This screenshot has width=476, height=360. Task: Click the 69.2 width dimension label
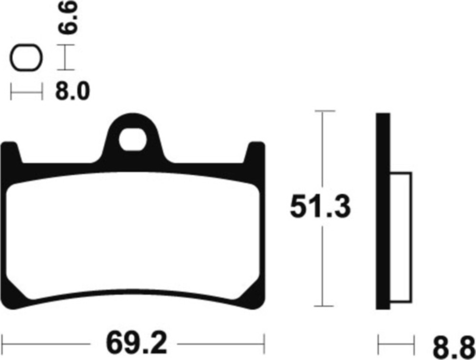136,344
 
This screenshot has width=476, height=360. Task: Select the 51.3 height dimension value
320,207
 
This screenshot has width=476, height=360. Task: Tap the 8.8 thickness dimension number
454,347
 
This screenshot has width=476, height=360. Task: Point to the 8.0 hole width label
72,91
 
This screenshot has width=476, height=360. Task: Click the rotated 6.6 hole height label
68,17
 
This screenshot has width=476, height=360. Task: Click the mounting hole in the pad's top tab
133,140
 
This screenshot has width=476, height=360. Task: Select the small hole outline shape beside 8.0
26,58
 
